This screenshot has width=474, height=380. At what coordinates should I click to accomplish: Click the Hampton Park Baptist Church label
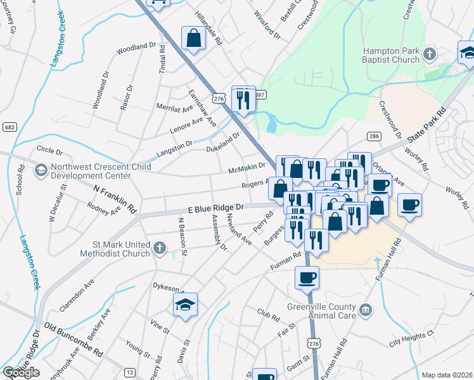click(390, 55)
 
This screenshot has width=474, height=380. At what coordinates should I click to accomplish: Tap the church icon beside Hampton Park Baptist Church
click(429, 53)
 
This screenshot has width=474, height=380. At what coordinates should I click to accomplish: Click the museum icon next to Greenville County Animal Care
click(366, 309)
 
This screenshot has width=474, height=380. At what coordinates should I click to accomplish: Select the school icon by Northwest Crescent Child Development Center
click(41, 170)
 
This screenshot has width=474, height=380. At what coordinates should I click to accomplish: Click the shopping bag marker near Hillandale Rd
click(193, 39)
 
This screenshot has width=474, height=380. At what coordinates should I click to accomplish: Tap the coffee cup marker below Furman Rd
click(307, 277)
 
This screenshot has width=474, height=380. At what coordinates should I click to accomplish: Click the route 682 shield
click(9, 127)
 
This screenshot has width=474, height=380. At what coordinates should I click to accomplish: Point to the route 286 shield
click(374, 136)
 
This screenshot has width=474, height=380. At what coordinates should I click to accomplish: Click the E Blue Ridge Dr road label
click(215, 208)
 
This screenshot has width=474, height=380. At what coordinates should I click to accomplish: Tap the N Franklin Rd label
click(115, 198)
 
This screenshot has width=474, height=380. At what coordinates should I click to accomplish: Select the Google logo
click(20, 372)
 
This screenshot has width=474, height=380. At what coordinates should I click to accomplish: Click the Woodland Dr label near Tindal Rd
click(136, 46)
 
